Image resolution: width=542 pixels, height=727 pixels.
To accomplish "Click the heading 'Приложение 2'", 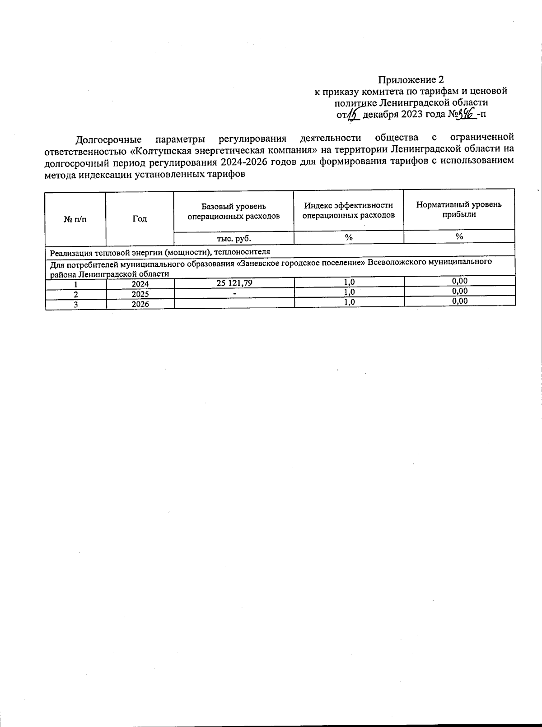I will coord(411,80).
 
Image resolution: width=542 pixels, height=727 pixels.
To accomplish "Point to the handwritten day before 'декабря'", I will coord(354,115).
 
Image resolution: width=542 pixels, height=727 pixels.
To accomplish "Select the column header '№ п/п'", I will coord(75,219).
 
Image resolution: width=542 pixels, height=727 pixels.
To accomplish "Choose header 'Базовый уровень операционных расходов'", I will coord(234,211).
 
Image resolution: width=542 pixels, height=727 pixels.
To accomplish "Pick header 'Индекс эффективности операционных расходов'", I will coord(348,210).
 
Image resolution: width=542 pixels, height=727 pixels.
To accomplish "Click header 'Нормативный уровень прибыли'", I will coord(459,209).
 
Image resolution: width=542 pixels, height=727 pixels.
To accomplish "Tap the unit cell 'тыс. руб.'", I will coord(234,238).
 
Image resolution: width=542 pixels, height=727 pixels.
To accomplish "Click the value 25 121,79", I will coord(234,282).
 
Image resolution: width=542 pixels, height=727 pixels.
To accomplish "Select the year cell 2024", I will coord(140,284).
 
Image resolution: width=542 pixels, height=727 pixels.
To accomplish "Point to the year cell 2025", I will coord(140,294).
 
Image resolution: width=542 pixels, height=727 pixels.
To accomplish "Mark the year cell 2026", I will coord(140,304).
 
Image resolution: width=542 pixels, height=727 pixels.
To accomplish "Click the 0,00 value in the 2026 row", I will coord(460,301).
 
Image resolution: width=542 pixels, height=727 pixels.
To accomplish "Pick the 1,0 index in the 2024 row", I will coord(349,282).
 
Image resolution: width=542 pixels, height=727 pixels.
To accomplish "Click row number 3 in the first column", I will coord(76,305).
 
